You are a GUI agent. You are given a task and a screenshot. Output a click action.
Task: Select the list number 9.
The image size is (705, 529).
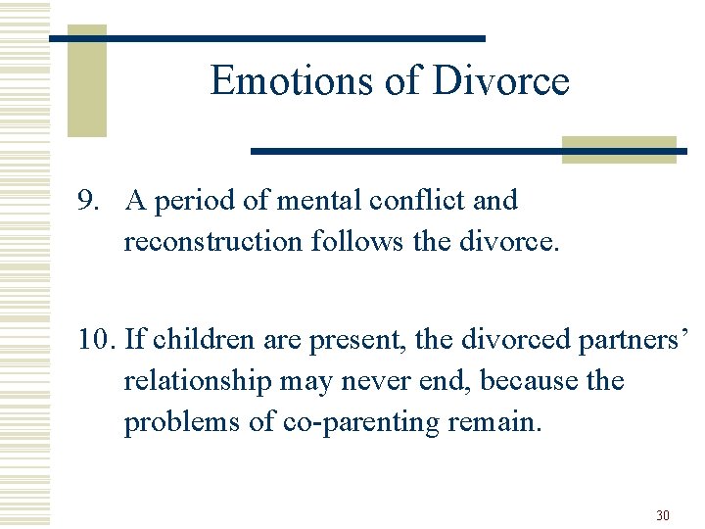[x=90, y=201]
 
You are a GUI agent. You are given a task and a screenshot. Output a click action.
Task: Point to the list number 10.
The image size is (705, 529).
[x=97, y=340]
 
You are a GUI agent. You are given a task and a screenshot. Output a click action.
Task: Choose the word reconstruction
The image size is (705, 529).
[x=212, y=241]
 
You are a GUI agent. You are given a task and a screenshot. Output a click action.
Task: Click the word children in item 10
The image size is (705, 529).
[x=201, y=340]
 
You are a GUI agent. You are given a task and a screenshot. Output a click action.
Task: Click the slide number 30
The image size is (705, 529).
[x=663, y=515]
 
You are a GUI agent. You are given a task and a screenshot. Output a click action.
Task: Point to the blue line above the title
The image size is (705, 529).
[x=266, y=38]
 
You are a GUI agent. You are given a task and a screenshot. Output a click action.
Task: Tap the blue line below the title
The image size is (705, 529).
[x=468, y=151]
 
